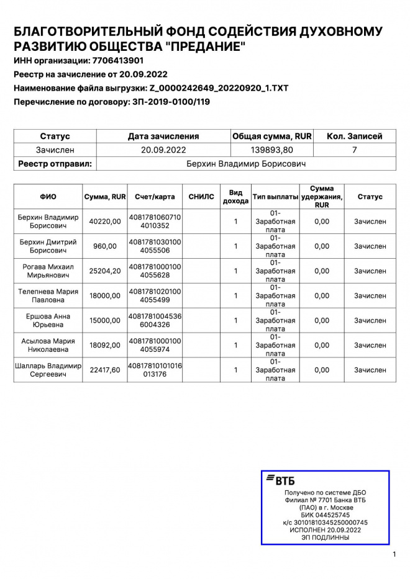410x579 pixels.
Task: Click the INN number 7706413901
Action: [117, 61]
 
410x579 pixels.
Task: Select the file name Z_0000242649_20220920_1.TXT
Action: [219, 88]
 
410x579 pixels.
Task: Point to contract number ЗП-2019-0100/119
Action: [171, 102]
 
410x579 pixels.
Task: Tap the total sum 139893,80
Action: [271, 150]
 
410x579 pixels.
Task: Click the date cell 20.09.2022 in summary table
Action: [163, 150]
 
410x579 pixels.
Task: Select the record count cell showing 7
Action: [354, 150]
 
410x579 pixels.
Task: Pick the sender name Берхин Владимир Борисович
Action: [246, 164]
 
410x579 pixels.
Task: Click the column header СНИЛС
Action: [201, 197]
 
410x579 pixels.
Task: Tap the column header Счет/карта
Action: [155, 197]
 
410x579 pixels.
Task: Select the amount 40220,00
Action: [105, 222]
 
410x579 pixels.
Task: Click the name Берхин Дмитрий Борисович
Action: [48, 246]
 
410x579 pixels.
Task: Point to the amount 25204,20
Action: [105, 271]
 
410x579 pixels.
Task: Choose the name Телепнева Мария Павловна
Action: [48, 296]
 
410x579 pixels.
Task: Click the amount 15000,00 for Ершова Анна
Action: [105, 321]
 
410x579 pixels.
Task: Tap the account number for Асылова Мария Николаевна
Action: [155, 346]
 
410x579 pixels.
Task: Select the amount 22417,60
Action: [105, 370]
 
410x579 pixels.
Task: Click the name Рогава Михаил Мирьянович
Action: [48, 271]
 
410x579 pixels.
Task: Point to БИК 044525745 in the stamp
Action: [325, 515]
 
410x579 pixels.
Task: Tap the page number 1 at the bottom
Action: [394, 554]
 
